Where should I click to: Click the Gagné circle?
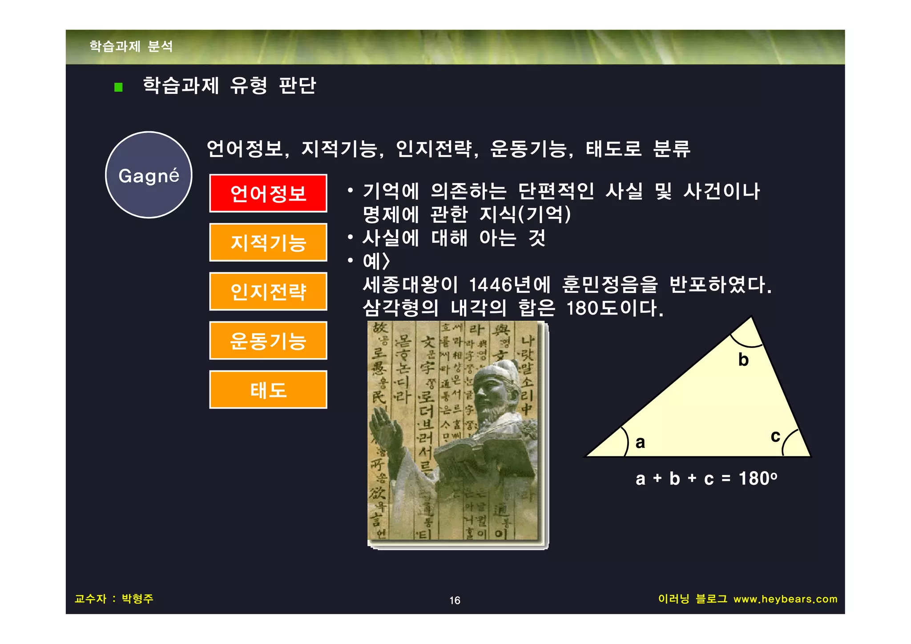pyautogui.click(x=149, y=175)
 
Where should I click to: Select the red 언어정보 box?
pyautogui.click(x=268, y=193)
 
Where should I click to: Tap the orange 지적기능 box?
pyautogui.click(x=268, y=242)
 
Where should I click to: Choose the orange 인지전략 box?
pyautogui.click(x=268, y=292)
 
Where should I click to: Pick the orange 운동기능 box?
pyautogui.click(x=268, y=340)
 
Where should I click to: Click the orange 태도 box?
pyautogui.click(x=268, y=390)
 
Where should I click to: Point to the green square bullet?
pyautogui.click(x=118, y=87)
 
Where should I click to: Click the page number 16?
pyautogui.click(x=455, y=600)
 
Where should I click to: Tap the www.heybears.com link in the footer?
pyautogui.click(x=785, y=599)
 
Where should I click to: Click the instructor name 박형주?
pyautogui.click(x=137, y=599)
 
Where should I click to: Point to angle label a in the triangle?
pyautogui.click(x=640, y=442)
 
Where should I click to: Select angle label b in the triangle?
pyautogui.click(x=743, y=360)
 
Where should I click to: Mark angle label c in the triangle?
pyautogui.click(x=775, y=436)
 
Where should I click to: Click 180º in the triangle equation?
pyautogui.click(x=758, y=479)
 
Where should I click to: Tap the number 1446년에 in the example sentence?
pyautogui.click(x=510, y=285)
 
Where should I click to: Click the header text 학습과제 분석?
pyautogui.click(x=131, y=46)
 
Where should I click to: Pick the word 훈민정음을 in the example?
pyautogui.click(x=610, y=285)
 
